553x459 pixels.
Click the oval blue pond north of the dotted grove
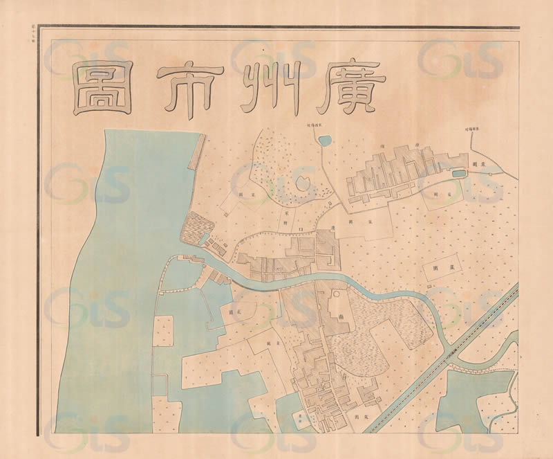click(324, 141)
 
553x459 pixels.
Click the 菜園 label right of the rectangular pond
click(476, 166)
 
